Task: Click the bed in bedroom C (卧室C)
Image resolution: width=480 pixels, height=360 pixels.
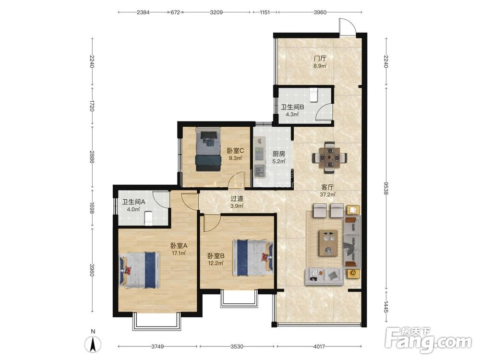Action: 208,149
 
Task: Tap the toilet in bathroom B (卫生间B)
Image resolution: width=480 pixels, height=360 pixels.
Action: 313,95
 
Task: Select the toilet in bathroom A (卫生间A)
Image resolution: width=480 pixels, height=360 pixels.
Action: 148,218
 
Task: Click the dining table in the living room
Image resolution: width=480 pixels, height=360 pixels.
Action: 329,157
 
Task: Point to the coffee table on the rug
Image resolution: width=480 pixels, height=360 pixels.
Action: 328,243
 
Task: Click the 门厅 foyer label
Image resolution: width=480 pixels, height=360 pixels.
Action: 320,58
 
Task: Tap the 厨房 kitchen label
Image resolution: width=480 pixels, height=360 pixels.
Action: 279,154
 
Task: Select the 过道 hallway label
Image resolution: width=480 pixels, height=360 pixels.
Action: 237,198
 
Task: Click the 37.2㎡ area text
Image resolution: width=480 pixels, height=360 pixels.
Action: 327,194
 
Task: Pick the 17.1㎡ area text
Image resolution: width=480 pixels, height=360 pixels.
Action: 179,253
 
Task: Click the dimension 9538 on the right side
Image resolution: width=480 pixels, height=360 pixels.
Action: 386,188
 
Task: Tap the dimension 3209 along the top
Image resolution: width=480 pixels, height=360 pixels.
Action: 216,12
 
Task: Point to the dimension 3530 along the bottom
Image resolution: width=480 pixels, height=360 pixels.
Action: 237,347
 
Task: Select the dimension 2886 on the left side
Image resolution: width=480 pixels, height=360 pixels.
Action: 92,156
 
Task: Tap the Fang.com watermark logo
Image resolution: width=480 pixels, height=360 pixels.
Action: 428,339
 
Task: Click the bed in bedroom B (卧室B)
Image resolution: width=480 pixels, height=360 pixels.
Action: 253,258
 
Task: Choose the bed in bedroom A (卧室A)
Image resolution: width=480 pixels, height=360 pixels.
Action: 139,270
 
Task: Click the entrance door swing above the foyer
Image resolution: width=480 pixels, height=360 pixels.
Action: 348,26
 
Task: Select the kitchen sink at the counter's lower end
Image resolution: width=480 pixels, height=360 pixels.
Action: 259,171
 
